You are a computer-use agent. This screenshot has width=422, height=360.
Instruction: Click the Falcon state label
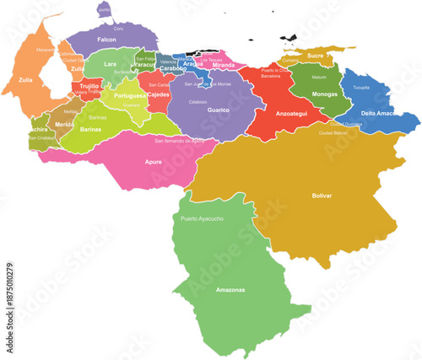click(x=106, y=40)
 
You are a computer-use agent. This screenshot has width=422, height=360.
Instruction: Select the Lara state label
click(x=110, y=63)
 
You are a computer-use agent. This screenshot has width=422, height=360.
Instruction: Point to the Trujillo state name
click(x=89, y=86)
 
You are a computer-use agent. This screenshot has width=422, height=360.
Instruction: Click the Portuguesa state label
click(x=130, y=96)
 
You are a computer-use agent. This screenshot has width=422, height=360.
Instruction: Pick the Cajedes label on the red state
click(x=158, y=95)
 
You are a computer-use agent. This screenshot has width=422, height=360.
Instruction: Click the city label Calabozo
click(x=198, y=101)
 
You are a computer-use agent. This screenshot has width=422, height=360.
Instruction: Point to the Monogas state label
click(x=324, y=94)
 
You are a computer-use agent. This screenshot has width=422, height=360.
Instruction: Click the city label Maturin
click(x=319, y=77)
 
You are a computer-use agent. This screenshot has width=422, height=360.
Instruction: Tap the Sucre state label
click(x=315, y=56)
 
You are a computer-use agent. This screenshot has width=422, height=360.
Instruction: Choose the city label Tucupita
click(x=361, y=87)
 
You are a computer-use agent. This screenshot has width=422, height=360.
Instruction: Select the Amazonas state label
click(x=230, y=290)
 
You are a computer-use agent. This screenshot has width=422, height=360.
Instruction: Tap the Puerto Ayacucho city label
click(x=203, y=219)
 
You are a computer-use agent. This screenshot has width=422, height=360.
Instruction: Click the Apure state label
click(x=154, y=160)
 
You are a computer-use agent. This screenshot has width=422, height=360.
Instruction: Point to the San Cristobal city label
click(x=41, y=137)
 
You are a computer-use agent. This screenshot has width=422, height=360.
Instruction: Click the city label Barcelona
click(x=270, y=76)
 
